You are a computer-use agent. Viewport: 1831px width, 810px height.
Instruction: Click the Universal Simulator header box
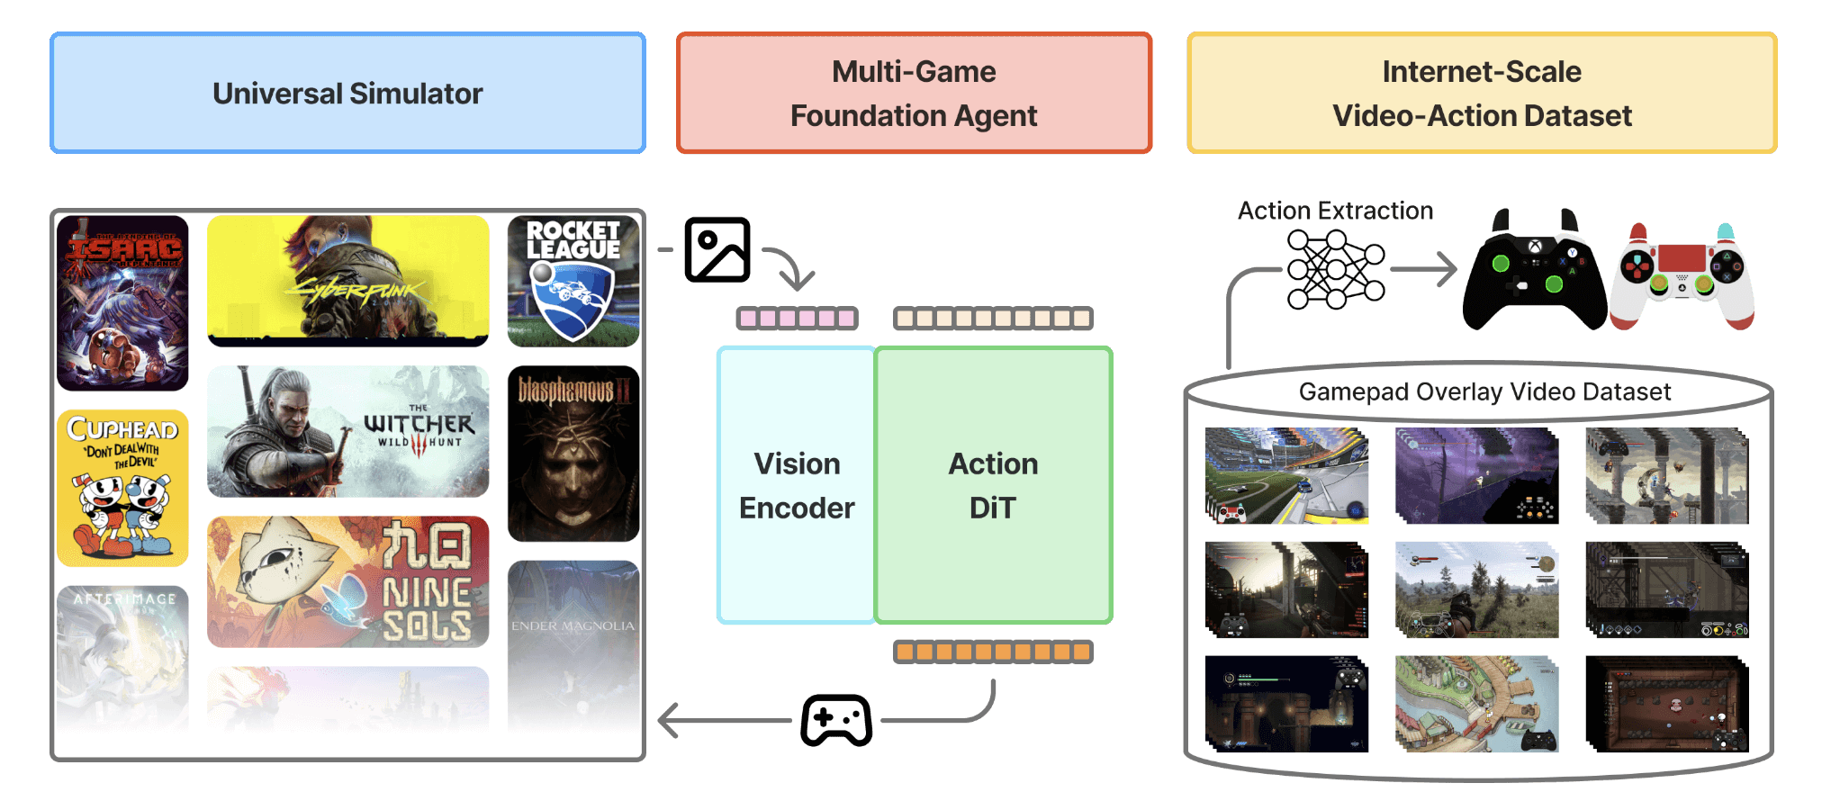coord(347,93)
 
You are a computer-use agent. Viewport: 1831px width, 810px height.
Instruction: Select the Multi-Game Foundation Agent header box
coord(914,93)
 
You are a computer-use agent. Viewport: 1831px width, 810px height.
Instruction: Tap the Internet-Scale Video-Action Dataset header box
coord(1482,93)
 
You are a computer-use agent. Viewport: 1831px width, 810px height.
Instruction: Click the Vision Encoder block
coord(797,485)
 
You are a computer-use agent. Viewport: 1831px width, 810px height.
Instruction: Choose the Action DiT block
coord(993,485)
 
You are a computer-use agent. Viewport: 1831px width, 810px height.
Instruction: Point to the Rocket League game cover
coord(573,281)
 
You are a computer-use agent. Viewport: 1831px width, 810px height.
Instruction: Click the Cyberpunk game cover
coord(347,281)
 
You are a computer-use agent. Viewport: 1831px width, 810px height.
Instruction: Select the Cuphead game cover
coord(122,488)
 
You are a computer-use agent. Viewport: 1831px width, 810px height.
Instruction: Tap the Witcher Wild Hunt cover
coord(347,431)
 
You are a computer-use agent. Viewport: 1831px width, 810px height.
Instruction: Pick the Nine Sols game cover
coord(347,581)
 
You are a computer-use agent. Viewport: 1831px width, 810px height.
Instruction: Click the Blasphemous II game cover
coord(573,453)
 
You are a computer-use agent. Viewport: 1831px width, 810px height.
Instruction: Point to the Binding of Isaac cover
coord(122,302)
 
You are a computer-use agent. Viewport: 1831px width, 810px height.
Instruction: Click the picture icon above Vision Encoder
coord(717,249)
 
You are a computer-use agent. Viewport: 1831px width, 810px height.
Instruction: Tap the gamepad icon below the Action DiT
coord(836,720)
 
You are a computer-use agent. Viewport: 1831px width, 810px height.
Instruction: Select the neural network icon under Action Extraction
coord(1335,269)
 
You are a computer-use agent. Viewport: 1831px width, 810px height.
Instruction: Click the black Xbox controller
coord(1534,273)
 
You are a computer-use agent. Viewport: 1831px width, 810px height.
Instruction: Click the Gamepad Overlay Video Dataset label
coord(1484,391)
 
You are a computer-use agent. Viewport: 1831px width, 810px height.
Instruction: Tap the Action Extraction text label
coord(1335,211)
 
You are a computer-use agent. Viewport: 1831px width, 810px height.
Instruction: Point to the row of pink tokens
coord(797,318)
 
